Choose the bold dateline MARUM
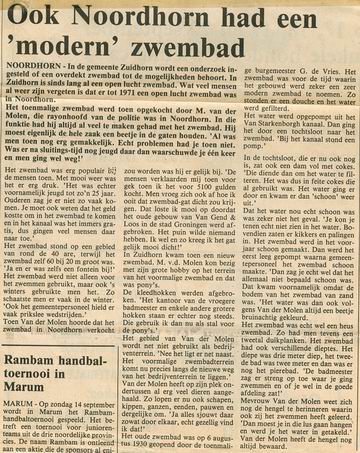pos(21,431)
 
